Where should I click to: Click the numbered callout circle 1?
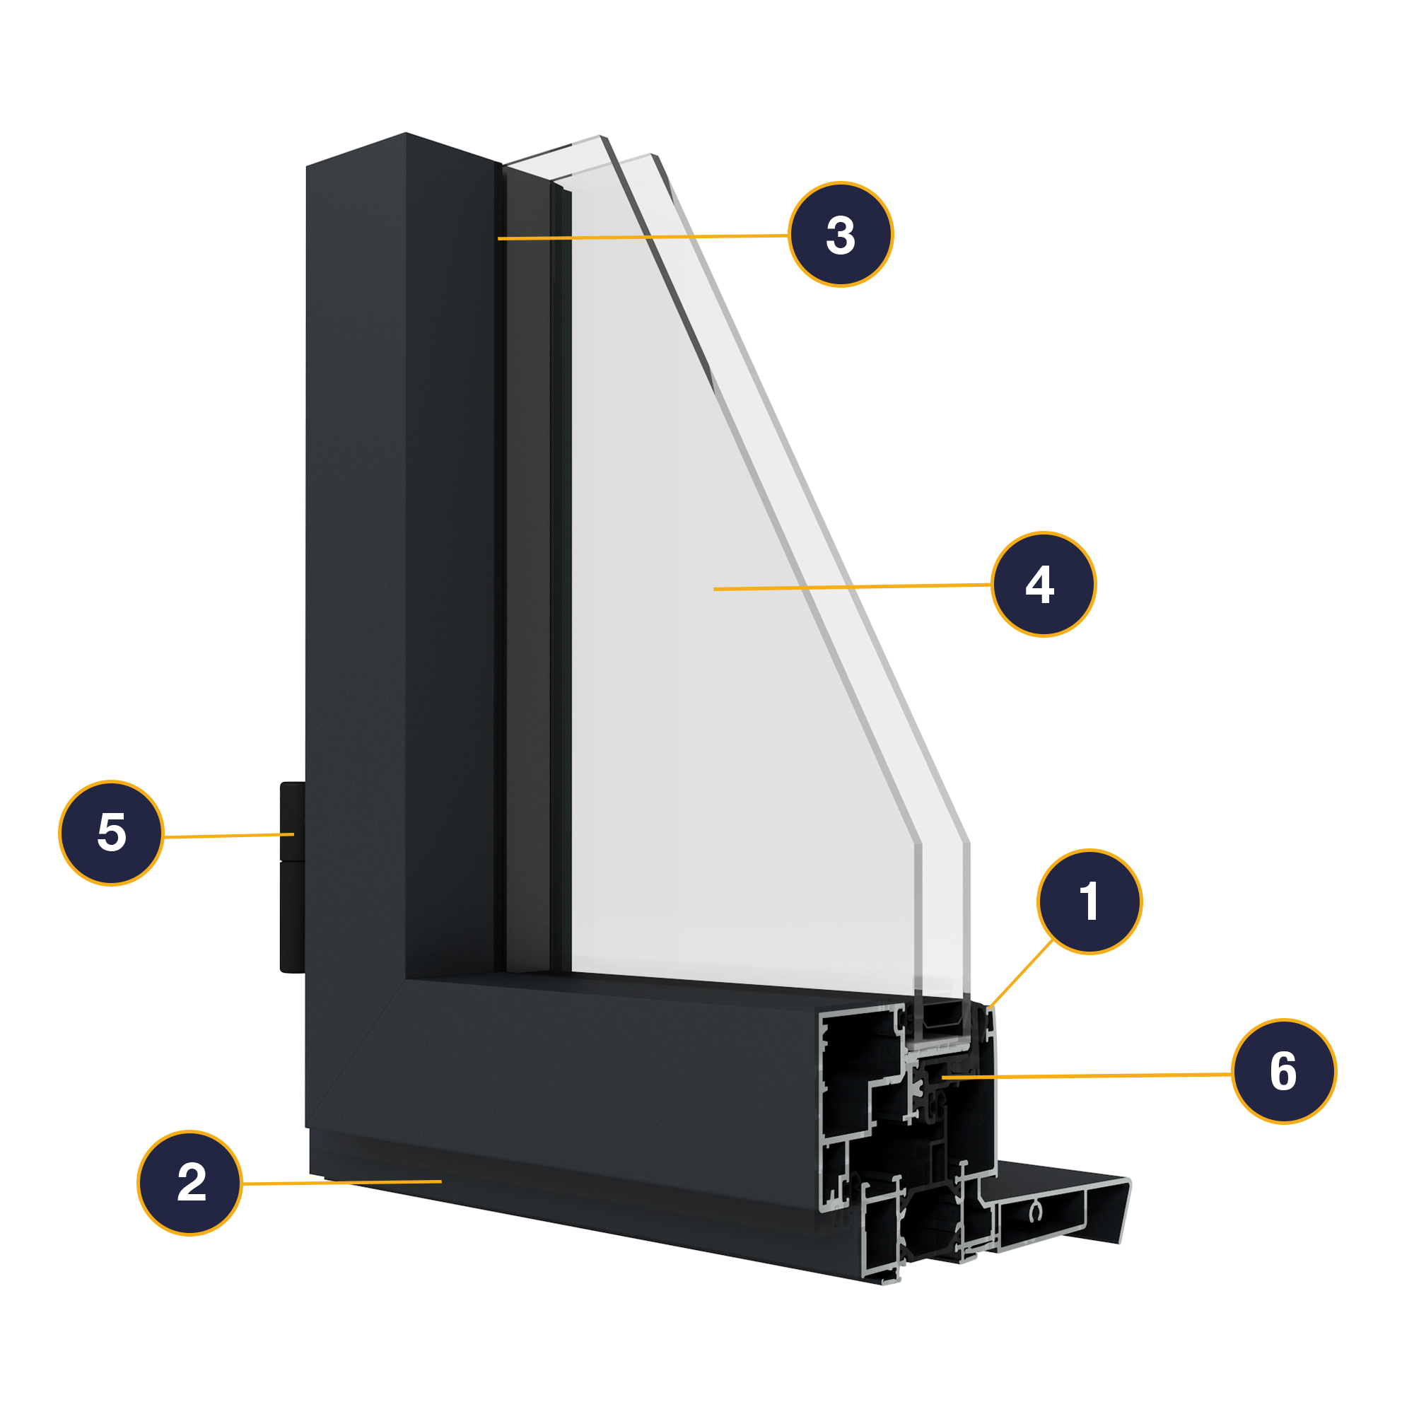pos(1089,901)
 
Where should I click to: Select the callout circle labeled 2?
pos(189,1183)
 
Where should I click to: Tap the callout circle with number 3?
pos(840,234)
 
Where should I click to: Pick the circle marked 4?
pos(1043,584)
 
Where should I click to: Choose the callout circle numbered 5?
pos(111,833)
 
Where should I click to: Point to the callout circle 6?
pos(1284,1070)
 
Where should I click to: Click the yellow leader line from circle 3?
pos(644,237)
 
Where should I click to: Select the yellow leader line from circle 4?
pos(853,586)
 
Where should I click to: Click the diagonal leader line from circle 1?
pos(1021,974)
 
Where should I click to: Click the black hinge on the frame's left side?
pos(292,878)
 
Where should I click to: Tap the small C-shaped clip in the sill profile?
pos(1034,1213)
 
